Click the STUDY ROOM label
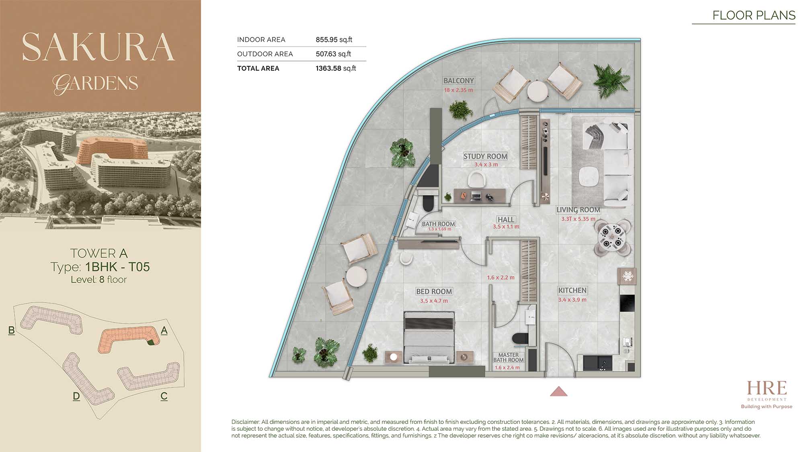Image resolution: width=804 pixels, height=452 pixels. [485, 156]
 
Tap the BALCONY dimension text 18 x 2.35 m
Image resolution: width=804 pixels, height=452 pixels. [459, 90]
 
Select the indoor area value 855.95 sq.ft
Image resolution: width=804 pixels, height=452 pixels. [334, 39]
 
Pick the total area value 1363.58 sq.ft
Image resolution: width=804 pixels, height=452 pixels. [336, 68]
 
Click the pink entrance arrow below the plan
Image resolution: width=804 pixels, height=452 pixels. [559, 391]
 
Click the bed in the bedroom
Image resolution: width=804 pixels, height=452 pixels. [429, 337]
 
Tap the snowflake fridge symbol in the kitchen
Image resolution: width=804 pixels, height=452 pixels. [628, 276]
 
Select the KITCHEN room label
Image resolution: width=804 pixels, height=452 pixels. [572, 290]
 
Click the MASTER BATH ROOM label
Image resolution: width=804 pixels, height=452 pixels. [509, 358]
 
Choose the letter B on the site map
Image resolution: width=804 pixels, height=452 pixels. [11, 330]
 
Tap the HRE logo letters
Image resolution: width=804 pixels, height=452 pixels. [767, 389]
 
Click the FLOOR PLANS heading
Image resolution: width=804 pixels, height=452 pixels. [754, 15]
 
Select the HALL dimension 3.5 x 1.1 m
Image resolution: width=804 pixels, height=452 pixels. [506, 227]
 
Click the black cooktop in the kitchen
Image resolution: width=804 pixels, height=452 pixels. [627, 303]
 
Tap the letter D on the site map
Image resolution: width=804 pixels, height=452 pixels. [76, 396]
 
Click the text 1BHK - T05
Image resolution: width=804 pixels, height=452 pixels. [117, 267]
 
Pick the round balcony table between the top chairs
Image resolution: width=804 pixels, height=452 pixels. [537, 92]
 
